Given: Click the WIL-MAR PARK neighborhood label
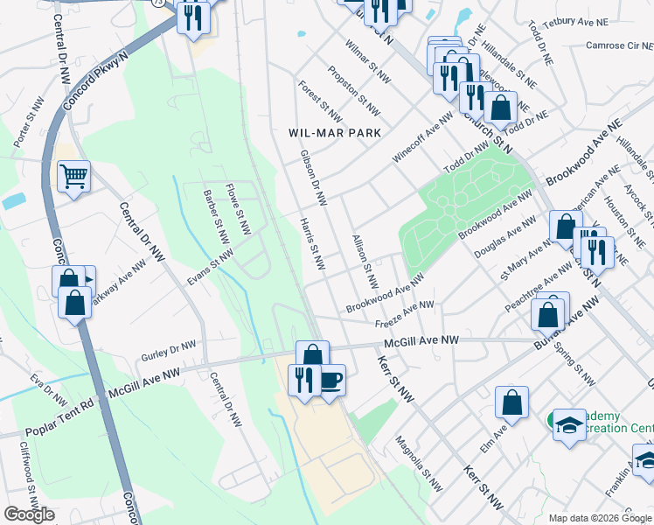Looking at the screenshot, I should click(x=336, y=133).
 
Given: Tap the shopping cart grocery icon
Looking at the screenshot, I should click(x=74, y=176).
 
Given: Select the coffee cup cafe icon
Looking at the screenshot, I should click(x=330, y=381).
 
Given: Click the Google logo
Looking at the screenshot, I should click(x=29, y=514).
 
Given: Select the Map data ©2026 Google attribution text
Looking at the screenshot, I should click(x=599, y=518).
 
